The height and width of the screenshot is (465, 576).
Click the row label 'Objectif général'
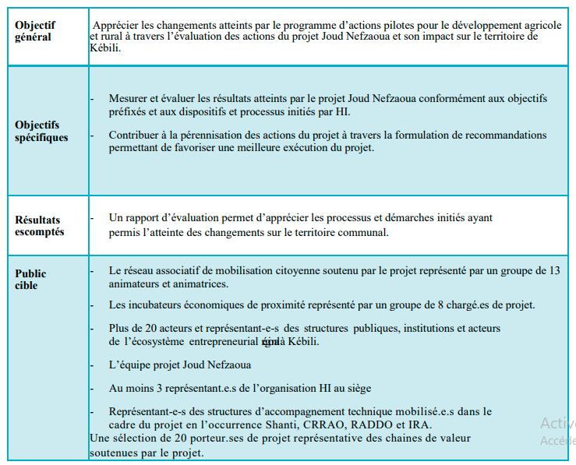[x=36, y=31]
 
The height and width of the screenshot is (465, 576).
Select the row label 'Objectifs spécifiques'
[x=41, y=131]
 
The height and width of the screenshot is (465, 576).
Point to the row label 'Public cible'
[x=30, y=279]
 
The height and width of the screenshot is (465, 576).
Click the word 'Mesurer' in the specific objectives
[x=128, y=99]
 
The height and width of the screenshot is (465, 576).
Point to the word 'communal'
[x=364, y=232]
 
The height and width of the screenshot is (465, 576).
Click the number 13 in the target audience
[x=555, y=270]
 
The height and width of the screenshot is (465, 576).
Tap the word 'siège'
[x=358, y=388]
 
